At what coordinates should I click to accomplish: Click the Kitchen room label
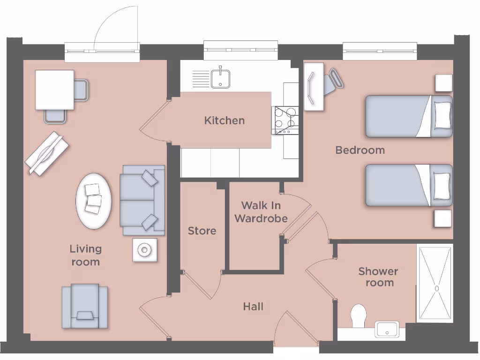click(x=224, y=120)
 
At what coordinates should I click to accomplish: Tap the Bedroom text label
click(x=360, y=150)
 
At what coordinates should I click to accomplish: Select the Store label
click(x=202, y=231)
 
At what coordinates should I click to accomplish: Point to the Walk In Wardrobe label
click(x=261, y=212)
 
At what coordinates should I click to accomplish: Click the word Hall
click(x=253, y=307)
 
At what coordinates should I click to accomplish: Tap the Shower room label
click(x=379, y=277)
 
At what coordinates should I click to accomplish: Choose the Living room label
click(x=86, y=255)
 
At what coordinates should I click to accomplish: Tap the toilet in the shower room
click(x=359, y=315)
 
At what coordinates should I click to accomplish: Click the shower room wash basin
click(x=387, y=329)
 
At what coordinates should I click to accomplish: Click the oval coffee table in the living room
click(x=94, y=201)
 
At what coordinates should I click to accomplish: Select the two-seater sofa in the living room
click(x=142, y=200)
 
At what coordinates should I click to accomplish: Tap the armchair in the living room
click(x=85, y=306)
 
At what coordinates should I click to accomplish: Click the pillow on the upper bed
click(x=442, y=116)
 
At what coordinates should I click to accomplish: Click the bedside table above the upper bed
click(x=443, y=83)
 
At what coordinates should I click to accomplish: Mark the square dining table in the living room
click(x=55, y=90)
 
